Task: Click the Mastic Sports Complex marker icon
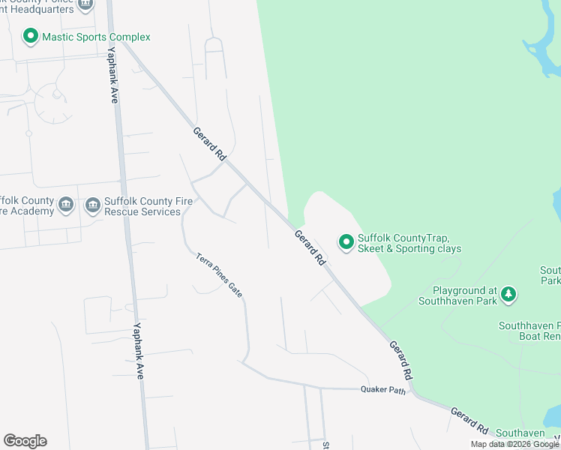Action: (x=31, y=36)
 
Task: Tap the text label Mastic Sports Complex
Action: (x=96, y=37)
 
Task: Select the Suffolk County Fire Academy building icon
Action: (x=65, y=205)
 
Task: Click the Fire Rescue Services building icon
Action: (x=93, y=205)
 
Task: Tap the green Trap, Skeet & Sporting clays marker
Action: (x=346, y=241)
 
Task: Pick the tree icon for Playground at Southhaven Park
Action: (x=509, y=293)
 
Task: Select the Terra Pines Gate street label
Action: (x=219, y=275)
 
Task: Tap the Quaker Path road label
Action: (x=382, y=388)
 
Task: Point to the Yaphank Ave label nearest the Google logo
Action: (x=137, y=350)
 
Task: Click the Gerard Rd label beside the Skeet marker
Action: (x=309, y=247)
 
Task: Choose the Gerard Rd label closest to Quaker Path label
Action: (x=401, y=359)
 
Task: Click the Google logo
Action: (x=25, y=441)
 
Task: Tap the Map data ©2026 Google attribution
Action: (x=514, y=444)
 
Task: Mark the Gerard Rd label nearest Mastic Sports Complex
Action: (x=209, y=145)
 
